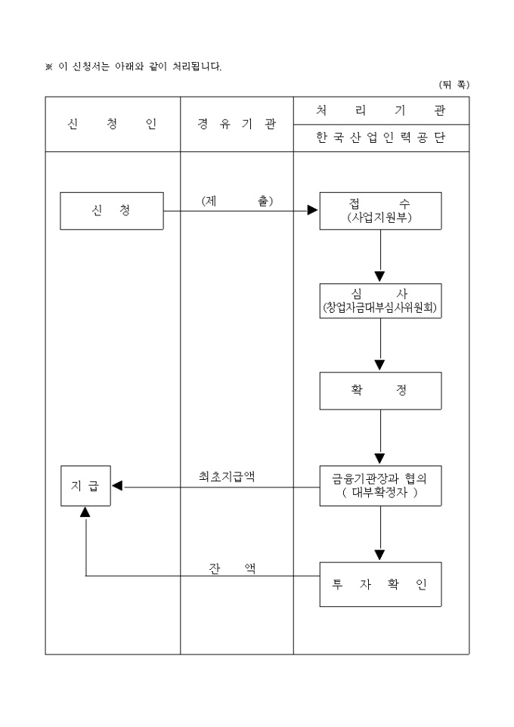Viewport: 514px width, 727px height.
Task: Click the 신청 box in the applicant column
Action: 112,211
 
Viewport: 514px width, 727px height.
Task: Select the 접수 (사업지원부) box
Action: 380,211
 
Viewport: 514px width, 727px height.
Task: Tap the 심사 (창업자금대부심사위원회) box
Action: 380,301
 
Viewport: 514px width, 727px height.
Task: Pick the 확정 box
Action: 380,391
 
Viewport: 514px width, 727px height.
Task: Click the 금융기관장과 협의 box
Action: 380,486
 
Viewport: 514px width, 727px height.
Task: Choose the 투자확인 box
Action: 380,583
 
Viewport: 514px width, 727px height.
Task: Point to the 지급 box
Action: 85,486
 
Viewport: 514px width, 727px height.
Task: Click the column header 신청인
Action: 112,125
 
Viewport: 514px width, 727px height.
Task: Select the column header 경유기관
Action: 237,125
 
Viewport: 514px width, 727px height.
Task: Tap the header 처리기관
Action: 380,110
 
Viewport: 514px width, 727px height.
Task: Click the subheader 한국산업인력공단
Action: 380,138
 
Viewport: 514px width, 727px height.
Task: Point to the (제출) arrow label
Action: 237,201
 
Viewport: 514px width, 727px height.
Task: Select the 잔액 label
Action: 232,568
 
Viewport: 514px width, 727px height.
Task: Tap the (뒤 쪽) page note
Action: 454,85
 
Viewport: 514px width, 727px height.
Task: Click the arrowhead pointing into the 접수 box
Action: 313,211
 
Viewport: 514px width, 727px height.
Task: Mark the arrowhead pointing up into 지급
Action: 85,512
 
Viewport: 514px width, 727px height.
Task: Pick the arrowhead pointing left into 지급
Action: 117,486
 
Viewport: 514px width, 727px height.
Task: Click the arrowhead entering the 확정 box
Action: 380,367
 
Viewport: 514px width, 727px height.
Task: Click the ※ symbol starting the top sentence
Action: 49,67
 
